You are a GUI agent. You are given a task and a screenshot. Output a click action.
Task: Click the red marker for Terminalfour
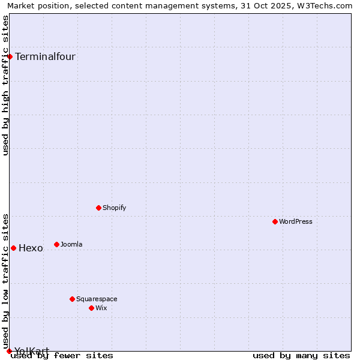coord(10,56)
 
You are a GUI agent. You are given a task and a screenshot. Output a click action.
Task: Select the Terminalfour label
coord(45,57)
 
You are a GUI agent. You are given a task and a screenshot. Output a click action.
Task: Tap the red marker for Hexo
coord(13,248)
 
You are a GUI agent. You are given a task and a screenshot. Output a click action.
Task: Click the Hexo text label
coord(31,248)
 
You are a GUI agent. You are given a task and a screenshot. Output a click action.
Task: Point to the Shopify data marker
coord(98,208)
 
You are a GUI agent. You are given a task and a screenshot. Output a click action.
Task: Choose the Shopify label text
coord(114,208)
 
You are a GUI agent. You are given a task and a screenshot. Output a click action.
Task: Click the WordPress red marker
coord(275,221)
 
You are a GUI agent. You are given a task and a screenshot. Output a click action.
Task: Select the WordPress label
coord(295,221)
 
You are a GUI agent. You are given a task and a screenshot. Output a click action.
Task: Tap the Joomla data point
coord(56,244)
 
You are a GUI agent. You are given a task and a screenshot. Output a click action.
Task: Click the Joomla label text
coord(71,244)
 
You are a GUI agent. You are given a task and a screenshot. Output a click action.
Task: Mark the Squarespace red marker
coord(72,299)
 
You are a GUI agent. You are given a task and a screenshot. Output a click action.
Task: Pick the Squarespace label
coord(97,299)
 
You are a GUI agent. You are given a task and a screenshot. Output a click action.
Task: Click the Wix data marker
coord(91,308)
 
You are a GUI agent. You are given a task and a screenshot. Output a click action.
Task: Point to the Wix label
coord(101,308)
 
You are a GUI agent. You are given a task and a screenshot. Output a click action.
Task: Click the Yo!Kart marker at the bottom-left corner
coord(9,351)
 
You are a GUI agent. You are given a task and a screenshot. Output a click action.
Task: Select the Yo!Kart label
coord(31,350)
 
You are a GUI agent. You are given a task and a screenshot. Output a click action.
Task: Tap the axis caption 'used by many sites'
coord(301,355)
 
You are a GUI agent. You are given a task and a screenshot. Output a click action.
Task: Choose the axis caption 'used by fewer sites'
coord(62,355)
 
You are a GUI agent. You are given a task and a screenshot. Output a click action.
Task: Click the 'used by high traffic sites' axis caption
coord(6,85)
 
